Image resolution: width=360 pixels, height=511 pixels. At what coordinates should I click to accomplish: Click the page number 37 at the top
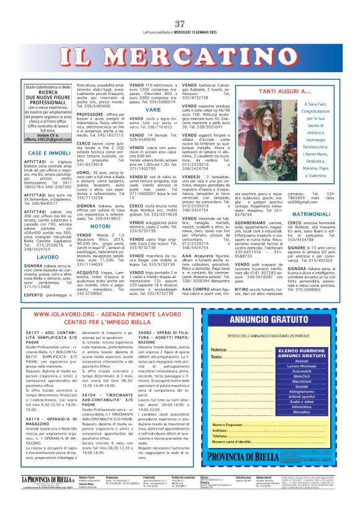(180, 6)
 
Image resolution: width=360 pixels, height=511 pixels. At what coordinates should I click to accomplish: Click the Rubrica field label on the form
(219, 355)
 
